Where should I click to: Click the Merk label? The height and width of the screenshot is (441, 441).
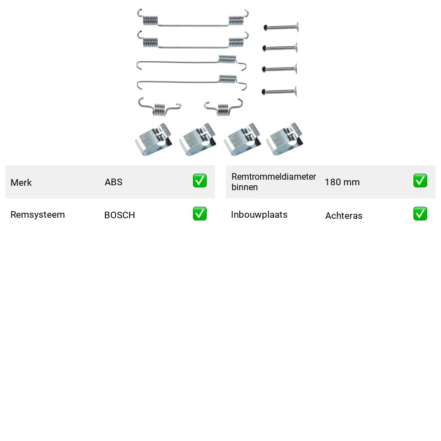point(21,182)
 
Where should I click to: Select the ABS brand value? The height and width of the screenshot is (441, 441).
point(114,182)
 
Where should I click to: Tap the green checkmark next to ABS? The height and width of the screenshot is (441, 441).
point(200,181)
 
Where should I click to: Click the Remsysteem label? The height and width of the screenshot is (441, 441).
point(37,214)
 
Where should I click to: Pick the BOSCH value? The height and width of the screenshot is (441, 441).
point(120,215)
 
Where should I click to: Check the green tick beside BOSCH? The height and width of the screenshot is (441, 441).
point(200,214)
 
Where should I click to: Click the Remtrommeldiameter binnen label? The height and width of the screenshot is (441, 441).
point(273,182)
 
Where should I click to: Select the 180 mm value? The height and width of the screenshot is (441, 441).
point(342,182)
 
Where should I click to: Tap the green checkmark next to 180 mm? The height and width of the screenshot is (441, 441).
point(420,181)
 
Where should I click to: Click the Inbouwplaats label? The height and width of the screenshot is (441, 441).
point(259,214)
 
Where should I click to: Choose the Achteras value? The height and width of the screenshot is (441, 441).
point(343,216)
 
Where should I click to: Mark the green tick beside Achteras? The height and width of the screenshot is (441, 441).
point(420,214)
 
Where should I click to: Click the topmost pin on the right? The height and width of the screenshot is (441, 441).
point(281,27)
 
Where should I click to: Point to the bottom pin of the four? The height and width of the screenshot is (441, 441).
point(279,92)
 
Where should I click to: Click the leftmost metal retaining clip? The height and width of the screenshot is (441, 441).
point(154,139)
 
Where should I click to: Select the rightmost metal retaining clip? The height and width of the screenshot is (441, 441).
point(284,139)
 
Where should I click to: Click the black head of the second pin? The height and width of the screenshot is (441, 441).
point(264,48)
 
